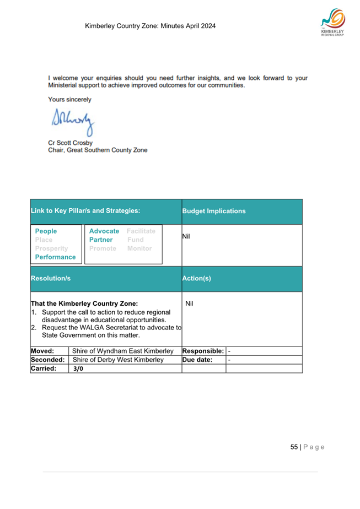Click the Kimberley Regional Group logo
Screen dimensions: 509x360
pos(332,24)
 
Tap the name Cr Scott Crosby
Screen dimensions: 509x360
pos(70,142)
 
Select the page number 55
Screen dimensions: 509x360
pos(294,447)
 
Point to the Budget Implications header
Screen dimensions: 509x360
pos(214,211)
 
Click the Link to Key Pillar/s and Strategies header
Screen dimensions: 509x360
pos(85,210)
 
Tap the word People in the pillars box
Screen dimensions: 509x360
pos(46,231)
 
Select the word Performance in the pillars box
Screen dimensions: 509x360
pos(55,257)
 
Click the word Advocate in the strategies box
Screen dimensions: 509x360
pos(104,231)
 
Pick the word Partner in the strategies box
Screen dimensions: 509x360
pos(101,240)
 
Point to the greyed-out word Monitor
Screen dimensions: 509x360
pos(139,248)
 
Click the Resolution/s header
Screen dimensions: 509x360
pos(51,279)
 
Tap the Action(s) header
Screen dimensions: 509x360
pos(197,279)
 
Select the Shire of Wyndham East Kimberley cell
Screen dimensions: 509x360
pos(123,351)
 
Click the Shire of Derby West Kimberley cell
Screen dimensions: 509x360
pos(119,360)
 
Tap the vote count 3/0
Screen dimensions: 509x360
pos(78,369)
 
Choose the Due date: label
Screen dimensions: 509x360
pos(197,360)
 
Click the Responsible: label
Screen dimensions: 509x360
pos(203,351)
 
